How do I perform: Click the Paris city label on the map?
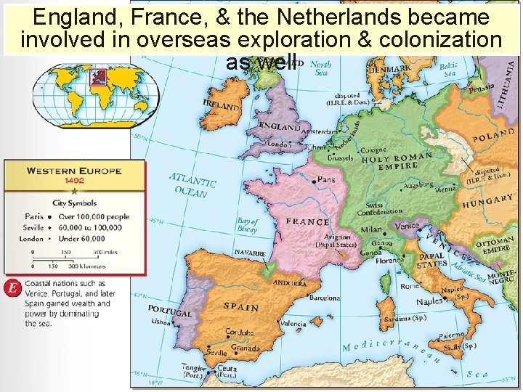click(326, 179)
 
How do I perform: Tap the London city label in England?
click(279, 144)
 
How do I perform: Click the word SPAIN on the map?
click(241, 306)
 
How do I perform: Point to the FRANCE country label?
click(307, 221)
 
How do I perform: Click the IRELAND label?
click(222, 106)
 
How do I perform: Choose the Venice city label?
click(408, 225)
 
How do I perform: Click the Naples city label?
click(429, 301)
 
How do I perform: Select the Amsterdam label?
click(317, 133)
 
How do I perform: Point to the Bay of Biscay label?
click(247, 225)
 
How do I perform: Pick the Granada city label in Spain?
click(246, 348)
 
